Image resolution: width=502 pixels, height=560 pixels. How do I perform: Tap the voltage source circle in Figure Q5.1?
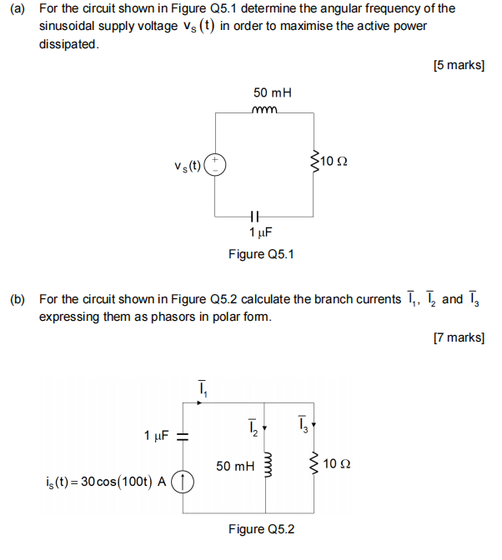coord(216,162)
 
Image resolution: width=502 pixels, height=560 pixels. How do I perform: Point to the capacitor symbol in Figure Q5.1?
coord(265,213)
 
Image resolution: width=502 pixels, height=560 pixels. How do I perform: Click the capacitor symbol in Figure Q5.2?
coord(185,436)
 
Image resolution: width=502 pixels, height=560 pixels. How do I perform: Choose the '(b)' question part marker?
coord(18,299)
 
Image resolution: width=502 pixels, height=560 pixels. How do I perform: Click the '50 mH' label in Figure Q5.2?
coord(234,466)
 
